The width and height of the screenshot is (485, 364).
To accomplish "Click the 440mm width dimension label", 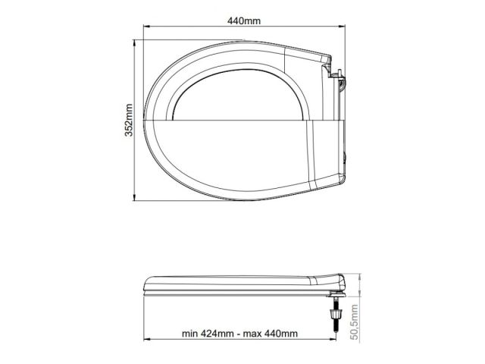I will click(240, 21).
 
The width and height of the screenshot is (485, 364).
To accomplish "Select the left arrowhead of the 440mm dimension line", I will click(147, 30).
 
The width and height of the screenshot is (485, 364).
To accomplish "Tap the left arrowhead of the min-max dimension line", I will click(147, 341).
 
